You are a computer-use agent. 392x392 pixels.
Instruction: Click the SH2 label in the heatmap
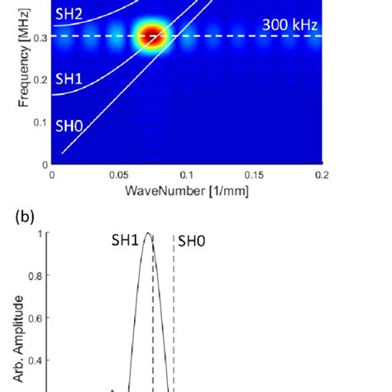tap(70, 13)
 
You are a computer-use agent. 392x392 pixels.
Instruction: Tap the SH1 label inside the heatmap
tap(70, 80)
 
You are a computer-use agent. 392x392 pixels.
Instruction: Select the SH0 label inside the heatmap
tap(70, 127)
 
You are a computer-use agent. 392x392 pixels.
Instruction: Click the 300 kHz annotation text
tap(288, 25)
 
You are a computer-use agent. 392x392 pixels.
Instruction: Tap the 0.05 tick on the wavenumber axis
tap(119, 175)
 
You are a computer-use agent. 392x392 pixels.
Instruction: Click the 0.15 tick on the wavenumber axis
tap(255, 175)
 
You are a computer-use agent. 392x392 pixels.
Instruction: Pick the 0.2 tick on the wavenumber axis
tap(322, 175)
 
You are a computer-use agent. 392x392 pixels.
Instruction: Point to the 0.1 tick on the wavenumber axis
tap(187, 175)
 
